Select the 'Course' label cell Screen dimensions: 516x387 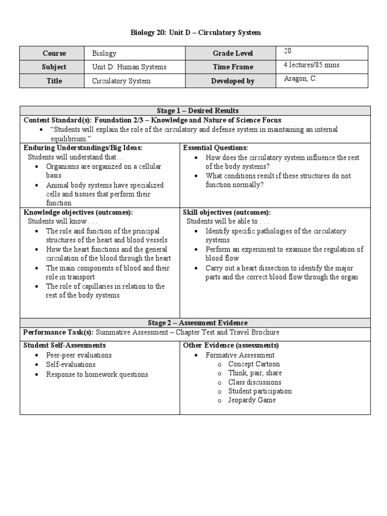click(54, 53)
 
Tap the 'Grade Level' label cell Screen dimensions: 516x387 click(232, 53)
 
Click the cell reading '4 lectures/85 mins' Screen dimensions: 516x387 click(311, 65)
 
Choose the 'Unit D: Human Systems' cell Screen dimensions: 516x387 click(129, 67)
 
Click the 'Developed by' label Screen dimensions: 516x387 click(232, 81)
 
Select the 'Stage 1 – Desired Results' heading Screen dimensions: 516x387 click(195, 111)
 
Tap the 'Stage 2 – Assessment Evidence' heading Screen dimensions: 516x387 click(195, 322)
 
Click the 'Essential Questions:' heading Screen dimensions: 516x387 click(215, 148)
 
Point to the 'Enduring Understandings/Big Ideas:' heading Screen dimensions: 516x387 click(83, 148)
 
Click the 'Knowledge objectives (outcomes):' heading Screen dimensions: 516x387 click(78, 212)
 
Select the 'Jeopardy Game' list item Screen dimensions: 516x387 click(251, 400)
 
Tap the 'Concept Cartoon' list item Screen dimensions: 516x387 click(253, 364)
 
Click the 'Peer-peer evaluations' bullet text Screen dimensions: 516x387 click(79, 355)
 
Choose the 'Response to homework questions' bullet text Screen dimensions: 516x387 click(97, 374)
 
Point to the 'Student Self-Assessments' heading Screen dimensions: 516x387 click(64, 345)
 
